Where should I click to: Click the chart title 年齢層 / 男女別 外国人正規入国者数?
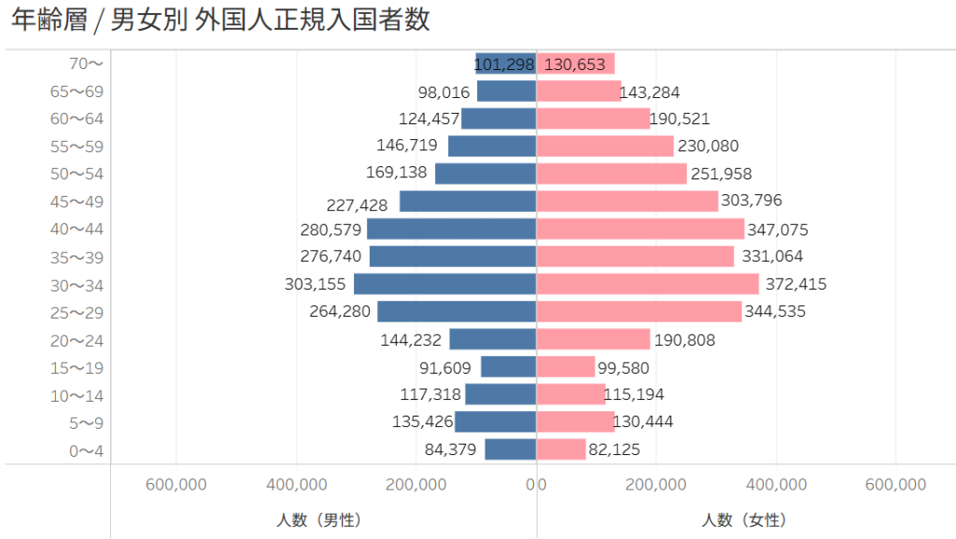pyautogui.click(x=220, y=21)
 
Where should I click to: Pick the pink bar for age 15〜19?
pyautogui.click(x=566, y=367)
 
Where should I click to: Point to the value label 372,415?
pyautogui.click(x=795, y=284)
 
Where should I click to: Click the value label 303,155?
pyautogui.click(x=315, y=284)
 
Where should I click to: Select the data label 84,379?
pyautogui.click(x=450, y=449)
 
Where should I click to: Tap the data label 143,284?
pyautogui.click(x=650, y=92)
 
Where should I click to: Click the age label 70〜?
pyautogui.click(x=86, y=64)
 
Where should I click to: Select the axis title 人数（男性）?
pyautogui.click(x=319, y=519)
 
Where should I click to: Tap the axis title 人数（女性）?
pyautogui.click(x=744, y=519)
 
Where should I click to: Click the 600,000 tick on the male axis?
pyautogui.click(x=176, y=484)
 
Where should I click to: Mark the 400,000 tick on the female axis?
pyautogui.click(x=776, y=484)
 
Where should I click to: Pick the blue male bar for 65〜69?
pyautogui.click(x=506, y=92)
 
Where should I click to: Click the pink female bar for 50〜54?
pyautogui.click(x=612, y=174)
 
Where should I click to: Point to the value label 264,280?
pyautogui.click(x=340, y=312)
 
